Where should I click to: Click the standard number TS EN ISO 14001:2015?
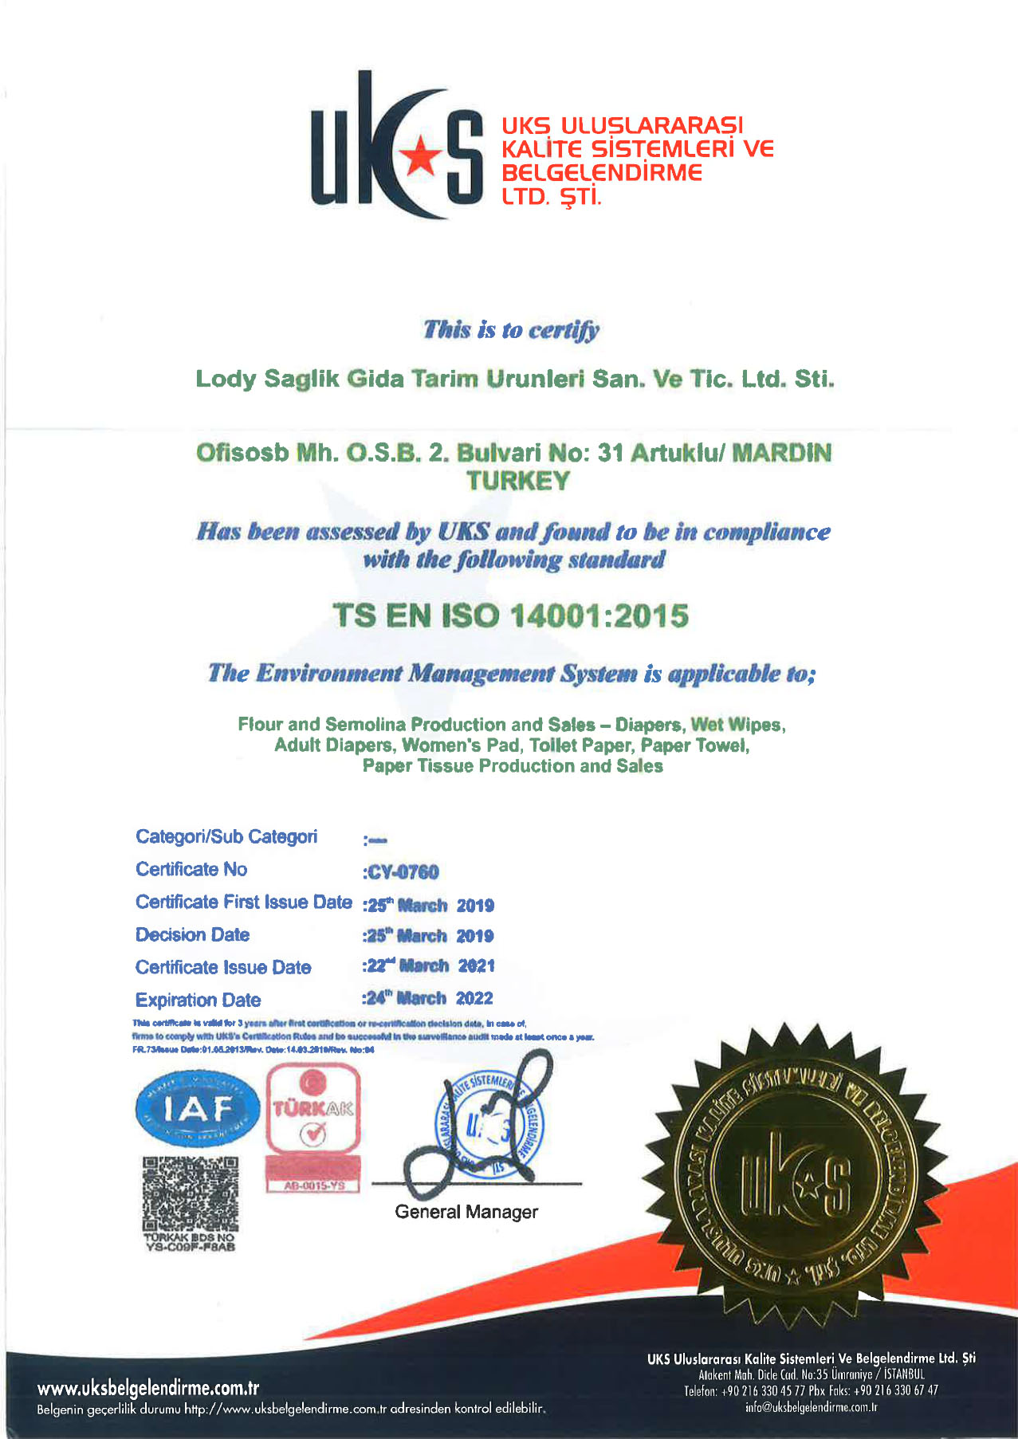pyautogui.click(x=510, y=615)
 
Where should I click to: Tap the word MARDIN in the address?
pyautogui.click(x=781, y=453)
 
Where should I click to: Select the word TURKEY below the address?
pyautogui.click(x=518, y=481)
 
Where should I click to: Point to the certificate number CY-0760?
pyautogui.click(x=403, y=872)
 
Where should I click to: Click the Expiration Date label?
pyautogui.click(x=198, y=1000)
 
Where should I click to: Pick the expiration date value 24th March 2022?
pyautogui.click(x=429, y=998)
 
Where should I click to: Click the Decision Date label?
pyautogui.click(x=192, y=934)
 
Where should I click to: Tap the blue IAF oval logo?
pyautogui.click(x=198, y=1108)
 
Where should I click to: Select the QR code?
pyautogui.click(x=191, y=1194)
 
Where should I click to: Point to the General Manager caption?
pyautogui.click(x=466, y=1212)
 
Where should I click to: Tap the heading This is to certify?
pyautogui.click(x=511, y=329)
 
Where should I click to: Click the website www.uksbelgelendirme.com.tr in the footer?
pyautogui.click(x=148, y=1388)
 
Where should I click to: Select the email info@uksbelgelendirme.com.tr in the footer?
pyautogui.click(x=811, y=1407)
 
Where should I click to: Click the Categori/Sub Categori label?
pyautogui.click(x=226, y=836)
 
